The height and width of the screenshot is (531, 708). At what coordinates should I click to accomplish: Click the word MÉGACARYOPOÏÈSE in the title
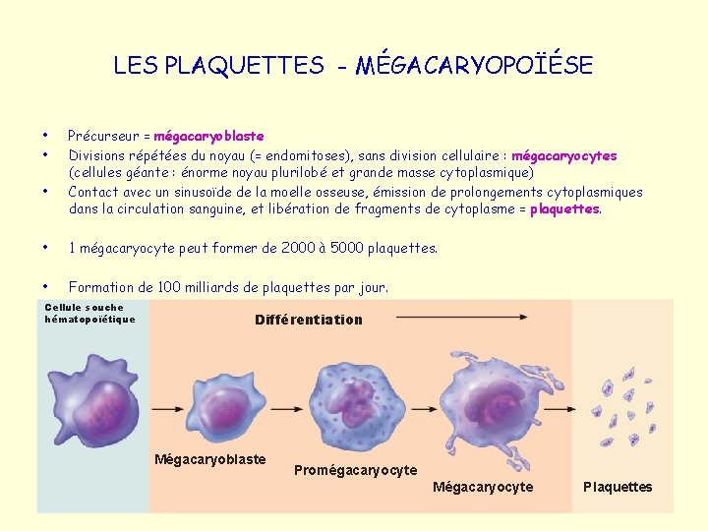pos(474,66)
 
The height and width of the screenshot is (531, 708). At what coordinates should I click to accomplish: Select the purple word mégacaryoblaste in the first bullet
pos(208,136)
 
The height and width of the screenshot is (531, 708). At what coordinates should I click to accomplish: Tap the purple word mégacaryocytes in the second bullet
pos(564,155)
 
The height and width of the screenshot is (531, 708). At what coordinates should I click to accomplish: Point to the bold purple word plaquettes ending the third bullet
pos(564,208)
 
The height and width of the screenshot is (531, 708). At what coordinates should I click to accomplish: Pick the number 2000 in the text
pos(271,248)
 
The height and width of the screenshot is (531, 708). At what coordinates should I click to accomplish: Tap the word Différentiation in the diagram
pos(308,320)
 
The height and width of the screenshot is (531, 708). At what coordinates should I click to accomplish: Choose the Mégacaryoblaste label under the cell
pos(209,459)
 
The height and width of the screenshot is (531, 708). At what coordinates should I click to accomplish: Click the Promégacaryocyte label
pos(355,470)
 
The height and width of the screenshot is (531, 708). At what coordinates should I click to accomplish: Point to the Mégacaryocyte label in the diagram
pos(483,487)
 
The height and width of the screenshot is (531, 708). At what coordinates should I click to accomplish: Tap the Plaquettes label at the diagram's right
pos(618,487)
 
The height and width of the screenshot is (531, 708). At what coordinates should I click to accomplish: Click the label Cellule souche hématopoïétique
pos(89,313)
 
